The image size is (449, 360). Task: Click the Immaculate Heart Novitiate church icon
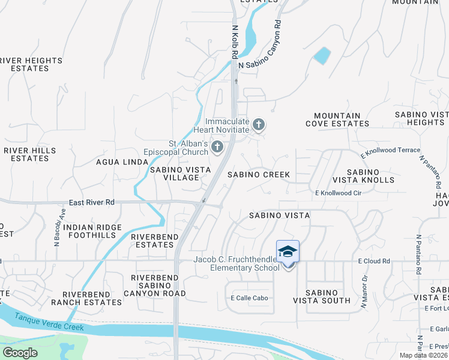[259, 125]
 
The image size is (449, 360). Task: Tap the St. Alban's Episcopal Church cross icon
[217, 146]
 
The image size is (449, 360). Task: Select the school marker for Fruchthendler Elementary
[288, 252]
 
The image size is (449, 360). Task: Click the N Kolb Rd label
[235, 38]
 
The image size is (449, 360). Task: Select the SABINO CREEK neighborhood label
[258, 175]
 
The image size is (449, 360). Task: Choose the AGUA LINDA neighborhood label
[122, 162]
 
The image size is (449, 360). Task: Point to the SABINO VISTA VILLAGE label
[180, 174]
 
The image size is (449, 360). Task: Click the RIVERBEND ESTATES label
[154, 241]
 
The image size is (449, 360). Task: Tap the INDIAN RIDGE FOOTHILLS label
[92, 232]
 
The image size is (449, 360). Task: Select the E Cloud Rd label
[374, 261]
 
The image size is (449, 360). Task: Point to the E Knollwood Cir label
[339, 193]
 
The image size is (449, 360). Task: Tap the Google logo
[20, 353]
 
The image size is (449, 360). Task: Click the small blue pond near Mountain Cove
[322, 56]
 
